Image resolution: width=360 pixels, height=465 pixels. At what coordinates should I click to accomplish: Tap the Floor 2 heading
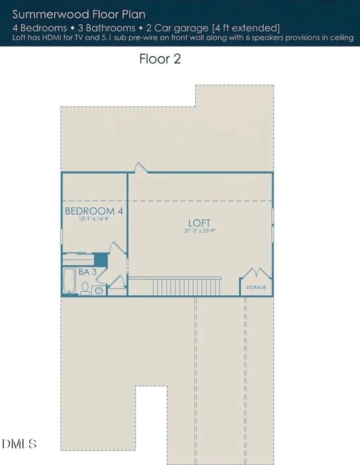click(x=160, y=59)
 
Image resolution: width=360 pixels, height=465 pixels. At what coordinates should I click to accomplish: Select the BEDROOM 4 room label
click(x=94, y=211)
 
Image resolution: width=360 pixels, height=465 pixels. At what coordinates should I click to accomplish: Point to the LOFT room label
click(x=199, y=223)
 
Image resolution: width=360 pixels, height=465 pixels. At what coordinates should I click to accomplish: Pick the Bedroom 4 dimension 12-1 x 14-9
click(x=94, y=219)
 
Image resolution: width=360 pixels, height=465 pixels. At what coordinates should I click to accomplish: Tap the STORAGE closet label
click(x=256, y=287)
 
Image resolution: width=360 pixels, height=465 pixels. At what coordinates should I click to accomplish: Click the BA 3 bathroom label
click(x=87, y=272)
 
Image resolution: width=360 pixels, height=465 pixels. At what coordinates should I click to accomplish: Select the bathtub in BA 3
click(x=69, y=281)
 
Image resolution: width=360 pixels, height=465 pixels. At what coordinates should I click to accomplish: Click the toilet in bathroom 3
click(x=85, y=288)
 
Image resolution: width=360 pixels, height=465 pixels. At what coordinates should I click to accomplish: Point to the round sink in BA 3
click(x=99, y=290)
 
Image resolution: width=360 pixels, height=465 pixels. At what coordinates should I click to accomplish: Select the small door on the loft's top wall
click(x=141, y=168)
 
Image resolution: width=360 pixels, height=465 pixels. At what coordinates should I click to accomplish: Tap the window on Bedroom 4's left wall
click(x=62, y=236)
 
